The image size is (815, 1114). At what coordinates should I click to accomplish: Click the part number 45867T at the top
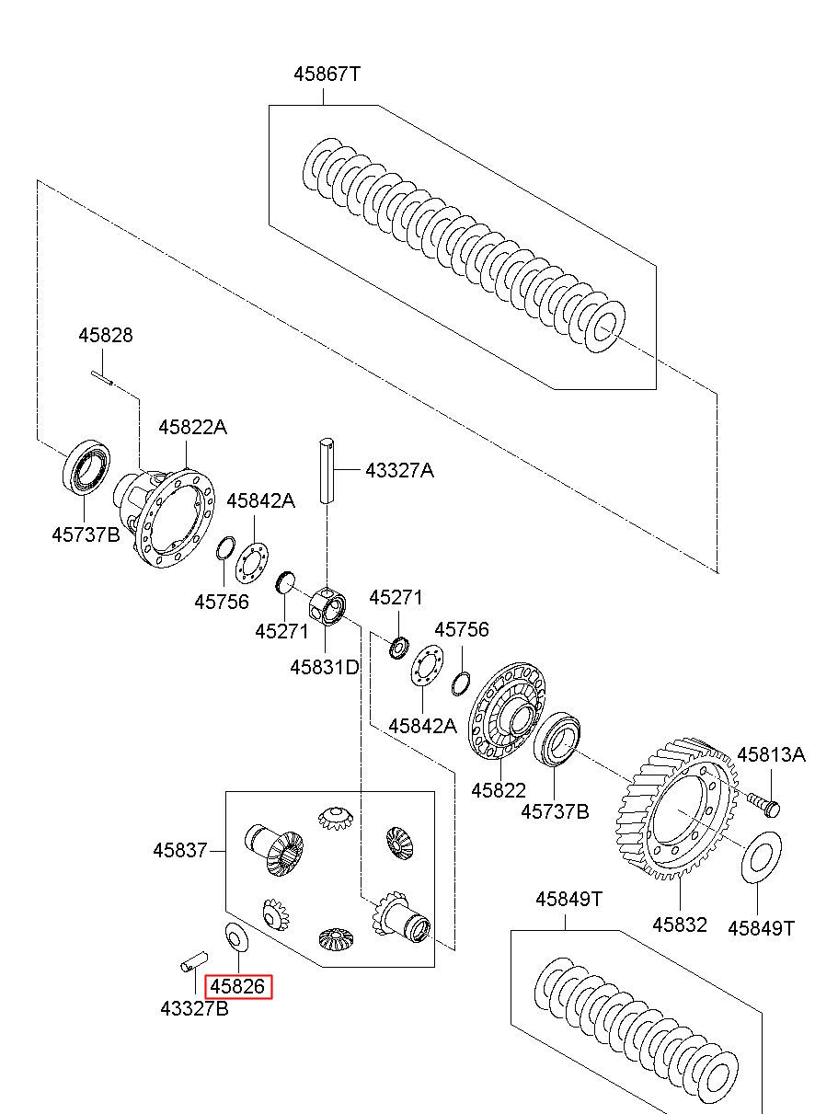[x=327, y=75]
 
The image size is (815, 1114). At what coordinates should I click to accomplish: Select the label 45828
[x=106, y=335]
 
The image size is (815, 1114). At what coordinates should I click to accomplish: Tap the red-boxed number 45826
[x=238, y=986]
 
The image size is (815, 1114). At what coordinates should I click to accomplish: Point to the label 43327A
[x=400, y=470]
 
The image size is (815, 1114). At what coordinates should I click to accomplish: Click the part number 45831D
[x=324, y=667]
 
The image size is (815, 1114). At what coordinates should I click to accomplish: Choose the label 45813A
[x=771, y=754]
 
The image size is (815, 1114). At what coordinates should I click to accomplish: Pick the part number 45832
[x=680, y=925]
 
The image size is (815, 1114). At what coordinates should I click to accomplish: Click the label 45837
[x=180, y=850]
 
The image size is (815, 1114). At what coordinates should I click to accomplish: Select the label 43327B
[x=194, y=1008]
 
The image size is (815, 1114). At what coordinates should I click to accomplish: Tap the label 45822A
[x=193, y=427]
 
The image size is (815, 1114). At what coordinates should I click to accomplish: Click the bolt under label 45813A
[x=763, y=805]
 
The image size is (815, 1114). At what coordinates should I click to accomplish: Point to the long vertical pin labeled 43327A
[x=327, y=470]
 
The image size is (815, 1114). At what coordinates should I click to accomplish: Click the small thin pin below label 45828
[x=103, y=377]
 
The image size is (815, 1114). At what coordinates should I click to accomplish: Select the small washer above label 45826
[x=236, y=936]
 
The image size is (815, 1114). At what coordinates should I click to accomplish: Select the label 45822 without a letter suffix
[x=499, y=790]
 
